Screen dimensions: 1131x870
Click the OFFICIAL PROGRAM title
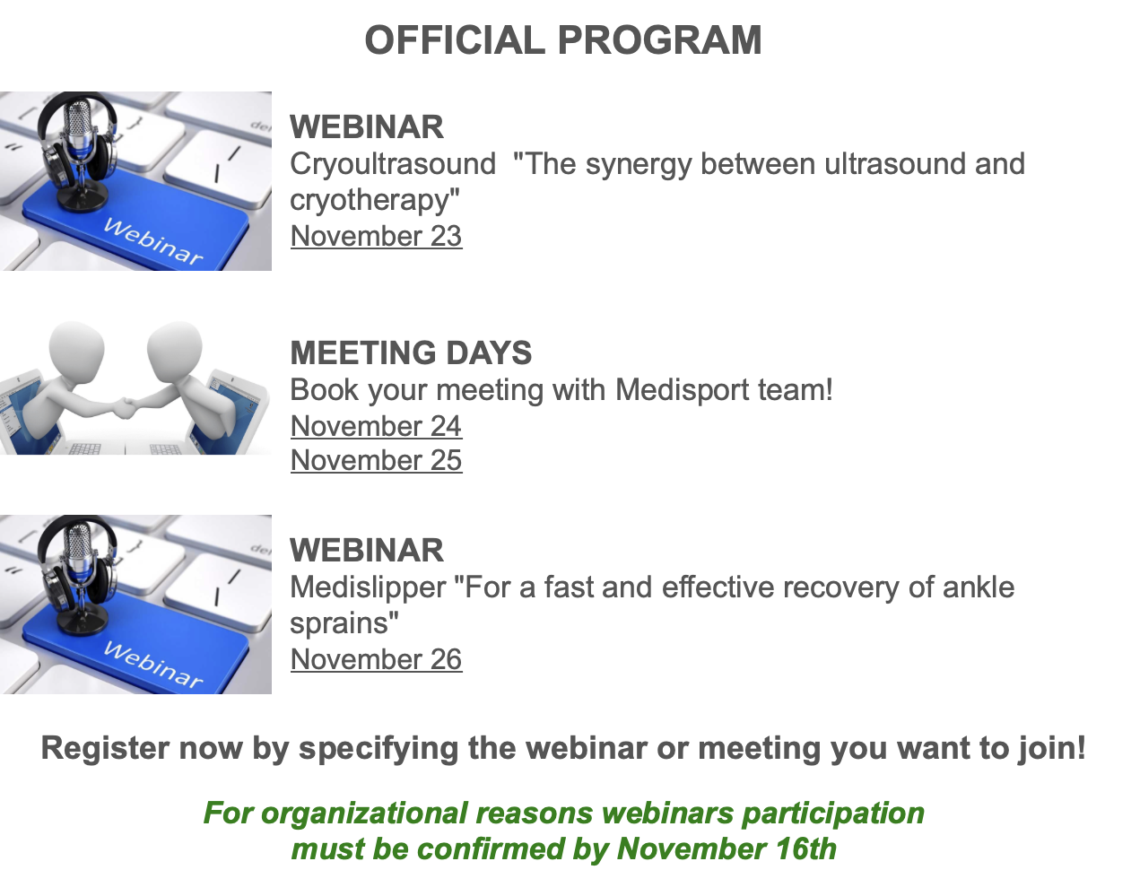(x=563, y=40)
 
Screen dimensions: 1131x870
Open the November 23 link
(x=377, y=236)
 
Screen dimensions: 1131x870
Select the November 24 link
(x=377, y=426)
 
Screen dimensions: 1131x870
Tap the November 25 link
(x=377, y=460)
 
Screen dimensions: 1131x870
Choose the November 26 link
(x=377, y=659)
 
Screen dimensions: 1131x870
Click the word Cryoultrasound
(x=393, y=165)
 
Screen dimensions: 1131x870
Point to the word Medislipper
(x=368, y=588)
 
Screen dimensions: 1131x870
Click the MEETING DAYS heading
(x=411, y=352)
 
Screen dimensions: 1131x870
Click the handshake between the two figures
(x=126, y=406)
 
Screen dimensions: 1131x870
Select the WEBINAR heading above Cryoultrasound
(x=367, y=127)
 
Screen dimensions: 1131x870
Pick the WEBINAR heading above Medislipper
(x=367, y=551)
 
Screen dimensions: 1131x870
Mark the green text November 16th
(x=726, y=849)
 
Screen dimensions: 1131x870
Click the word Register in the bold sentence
(x=105, y=749)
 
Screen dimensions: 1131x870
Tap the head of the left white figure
(x=77, y=350)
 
